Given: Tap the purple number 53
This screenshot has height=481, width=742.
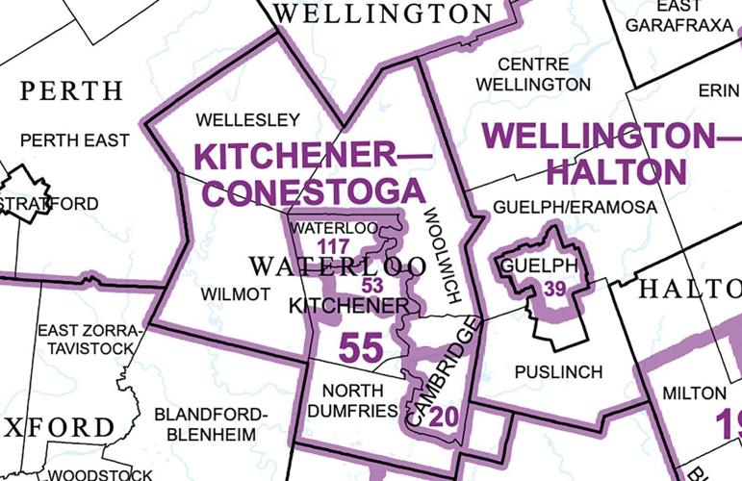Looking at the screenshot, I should (x=372, y=285).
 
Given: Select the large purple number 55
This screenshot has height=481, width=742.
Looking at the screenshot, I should (x=362, y=347).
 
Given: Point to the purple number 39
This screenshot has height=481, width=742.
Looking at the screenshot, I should (x=554, y=288).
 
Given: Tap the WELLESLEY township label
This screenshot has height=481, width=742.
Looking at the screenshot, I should (x=247, y=120).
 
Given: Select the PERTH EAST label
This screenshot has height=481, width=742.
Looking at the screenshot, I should (x=74, y=140).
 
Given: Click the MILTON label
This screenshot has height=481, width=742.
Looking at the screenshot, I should (x=693, y=392).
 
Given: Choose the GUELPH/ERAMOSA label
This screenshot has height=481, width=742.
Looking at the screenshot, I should (x=575, y=208).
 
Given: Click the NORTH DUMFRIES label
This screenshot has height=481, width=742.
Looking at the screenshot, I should (x=358, y=400).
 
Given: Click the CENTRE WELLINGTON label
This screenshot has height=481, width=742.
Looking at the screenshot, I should (x=544, y=73).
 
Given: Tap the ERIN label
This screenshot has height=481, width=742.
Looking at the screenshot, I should (x=717, y=89).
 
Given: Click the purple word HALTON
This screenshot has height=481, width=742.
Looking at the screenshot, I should (x=616, y=171).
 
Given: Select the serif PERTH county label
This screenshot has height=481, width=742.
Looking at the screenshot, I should (x=71, y=91).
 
